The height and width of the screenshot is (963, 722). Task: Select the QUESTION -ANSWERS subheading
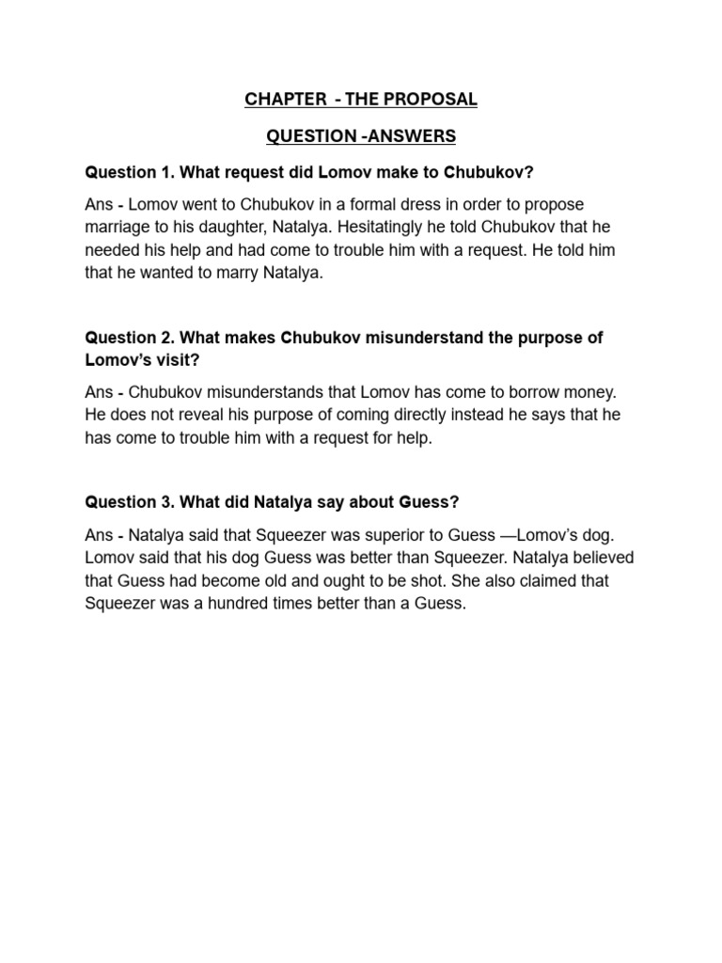tap(361, 136)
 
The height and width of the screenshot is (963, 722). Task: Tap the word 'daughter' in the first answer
tap(239, 227)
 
